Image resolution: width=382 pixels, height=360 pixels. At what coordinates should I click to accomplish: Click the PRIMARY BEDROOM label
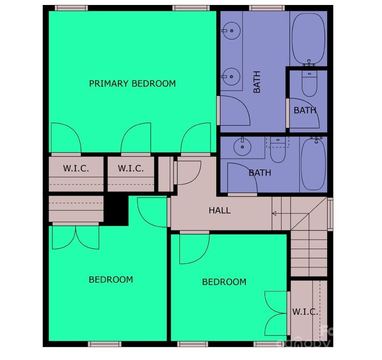point(132,83)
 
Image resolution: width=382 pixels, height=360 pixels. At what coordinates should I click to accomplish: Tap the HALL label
point(220,211)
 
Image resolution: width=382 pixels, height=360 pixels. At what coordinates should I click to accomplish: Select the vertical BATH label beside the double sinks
point(257,82)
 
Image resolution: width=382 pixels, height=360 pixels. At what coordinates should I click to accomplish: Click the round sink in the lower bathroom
point(240,146)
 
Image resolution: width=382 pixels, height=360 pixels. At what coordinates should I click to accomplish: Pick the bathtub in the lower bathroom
point(314,164)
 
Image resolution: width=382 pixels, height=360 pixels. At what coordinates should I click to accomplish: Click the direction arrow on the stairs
point(275,214)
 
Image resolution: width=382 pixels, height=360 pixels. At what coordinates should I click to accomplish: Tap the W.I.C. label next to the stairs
point(305,312)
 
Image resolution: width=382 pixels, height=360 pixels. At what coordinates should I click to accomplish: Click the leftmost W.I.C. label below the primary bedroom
point(76,169)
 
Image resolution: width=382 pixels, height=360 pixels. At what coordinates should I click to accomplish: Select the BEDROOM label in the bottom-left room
point(111,279)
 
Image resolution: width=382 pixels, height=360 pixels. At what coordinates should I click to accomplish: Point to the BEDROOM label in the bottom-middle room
point(224,282)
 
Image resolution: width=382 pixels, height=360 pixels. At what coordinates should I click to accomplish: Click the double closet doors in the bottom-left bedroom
point(76,238)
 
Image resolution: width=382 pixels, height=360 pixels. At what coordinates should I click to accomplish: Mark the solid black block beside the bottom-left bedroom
point(116,210)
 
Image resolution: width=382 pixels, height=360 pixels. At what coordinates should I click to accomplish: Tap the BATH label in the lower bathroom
point(260,173)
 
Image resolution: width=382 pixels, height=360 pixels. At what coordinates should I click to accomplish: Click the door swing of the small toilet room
point(303,113)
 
